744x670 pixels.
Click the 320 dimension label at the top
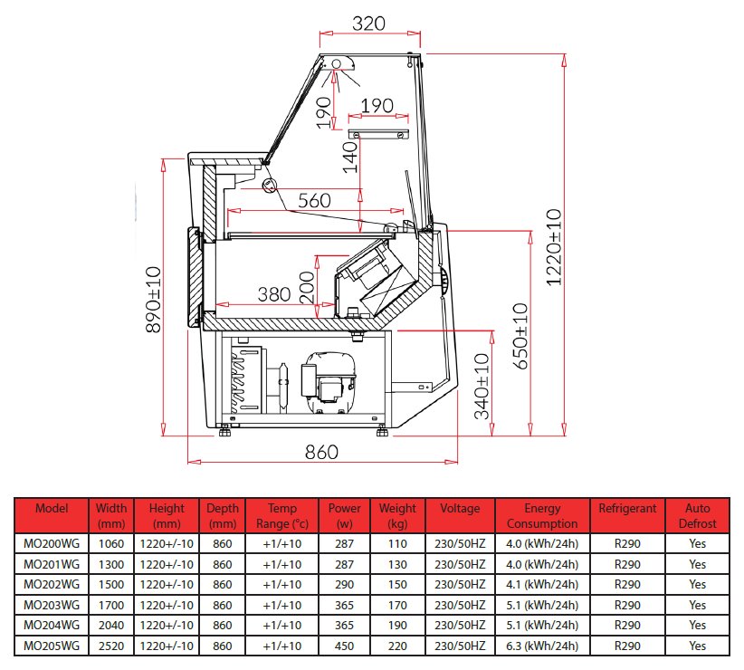368,24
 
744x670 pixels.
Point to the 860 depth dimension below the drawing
321,452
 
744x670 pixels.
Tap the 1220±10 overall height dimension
554,247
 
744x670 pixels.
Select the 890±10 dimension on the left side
154,300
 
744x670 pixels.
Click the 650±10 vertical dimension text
520,336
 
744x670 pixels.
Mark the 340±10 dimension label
482,387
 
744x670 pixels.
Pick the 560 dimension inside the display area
314,201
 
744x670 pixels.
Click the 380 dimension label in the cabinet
273,294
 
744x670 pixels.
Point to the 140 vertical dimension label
350,156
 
